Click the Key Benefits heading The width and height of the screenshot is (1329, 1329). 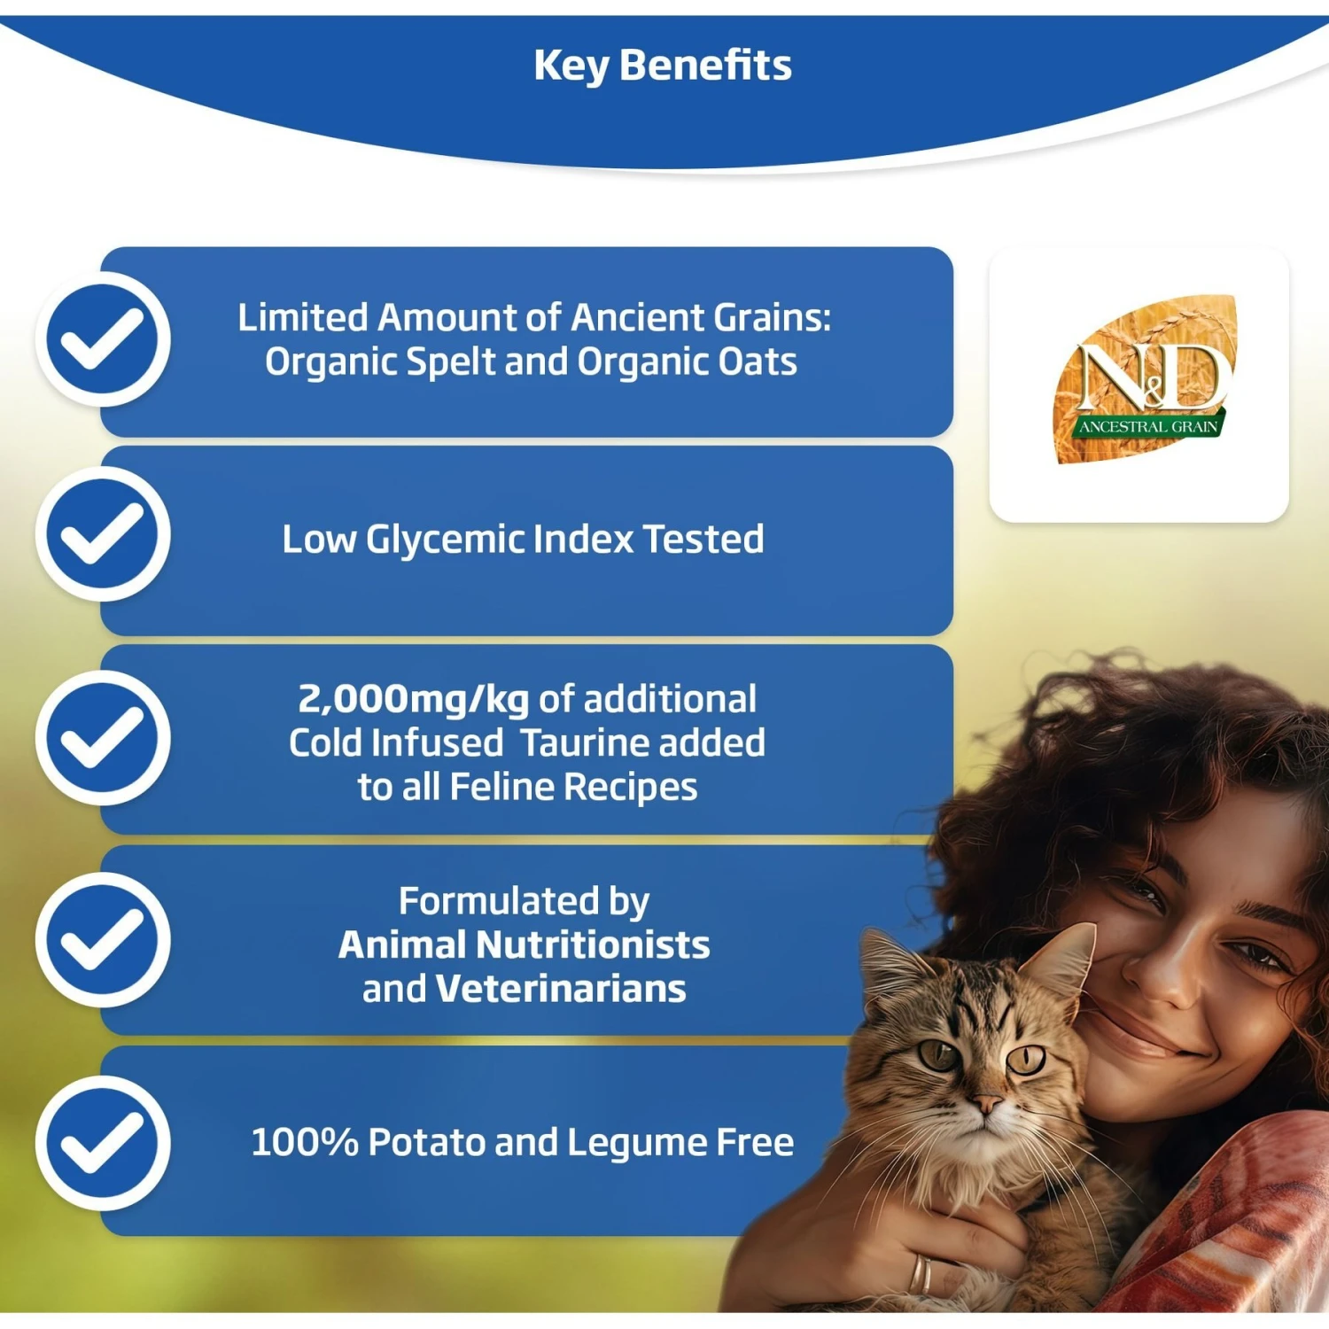pyautogui.click(x=663, y=66)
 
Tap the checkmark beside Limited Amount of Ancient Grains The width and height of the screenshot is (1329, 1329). pyautogui.click(x=103, y=339)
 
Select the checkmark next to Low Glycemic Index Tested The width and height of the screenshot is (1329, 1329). pyautogui.click(x=103, y=534)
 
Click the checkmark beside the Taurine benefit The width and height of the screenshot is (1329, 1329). pyautogui.click(x=103, y=738)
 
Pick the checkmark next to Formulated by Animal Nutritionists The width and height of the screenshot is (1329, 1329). pyautogui.click(x=103, y=940)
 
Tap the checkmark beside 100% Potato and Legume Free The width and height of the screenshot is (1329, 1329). pyautogui.click(x=103, y=1143)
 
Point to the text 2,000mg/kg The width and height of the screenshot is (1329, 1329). pyautogui.click(x=413, y=699)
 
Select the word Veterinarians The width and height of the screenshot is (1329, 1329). pyautogui.click(x=561, y=989)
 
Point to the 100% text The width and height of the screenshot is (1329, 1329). pyautogui.click(x=304, y=1142)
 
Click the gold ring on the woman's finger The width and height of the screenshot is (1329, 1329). pyautogui.click(x=921, y=1273)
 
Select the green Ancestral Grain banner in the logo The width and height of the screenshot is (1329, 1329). pyautogui.click(x=1147, y=426)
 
